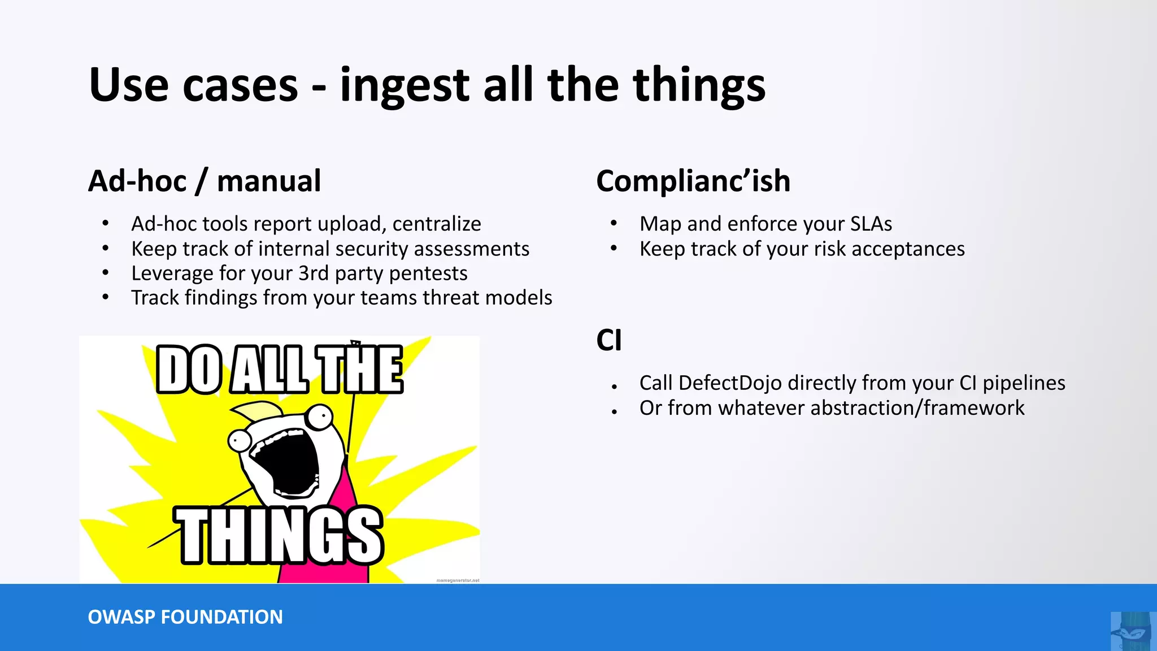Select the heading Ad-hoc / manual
(205, 181)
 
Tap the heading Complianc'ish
(693, 181)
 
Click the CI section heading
(608, 341)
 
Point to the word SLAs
(871, 224)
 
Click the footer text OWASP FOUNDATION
(185, 617)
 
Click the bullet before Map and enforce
(614, 224)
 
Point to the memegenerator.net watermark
(458, 580)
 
